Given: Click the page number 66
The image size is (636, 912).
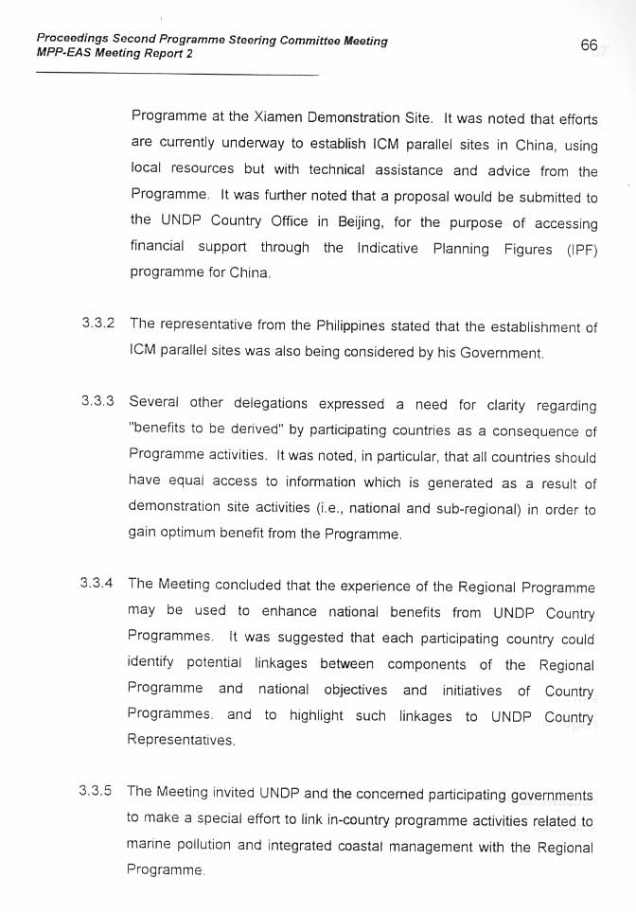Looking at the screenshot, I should coord(590,45).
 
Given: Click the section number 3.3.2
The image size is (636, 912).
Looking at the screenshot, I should coord(98,324).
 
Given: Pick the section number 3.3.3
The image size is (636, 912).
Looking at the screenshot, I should coord(98,401).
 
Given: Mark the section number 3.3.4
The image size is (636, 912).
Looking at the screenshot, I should coord(98,584).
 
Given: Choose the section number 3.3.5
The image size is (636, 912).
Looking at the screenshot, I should coord(98,790).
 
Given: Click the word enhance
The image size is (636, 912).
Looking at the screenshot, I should coord(288,611).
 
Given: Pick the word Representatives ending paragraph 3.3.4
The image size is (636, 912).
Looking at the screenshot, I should coord(181,740).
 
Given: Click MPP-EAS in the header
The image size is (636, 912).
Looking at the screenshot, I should coord(63,54).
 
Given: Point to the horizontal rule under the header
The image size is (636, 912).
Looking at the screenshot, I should coord(177,74).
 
